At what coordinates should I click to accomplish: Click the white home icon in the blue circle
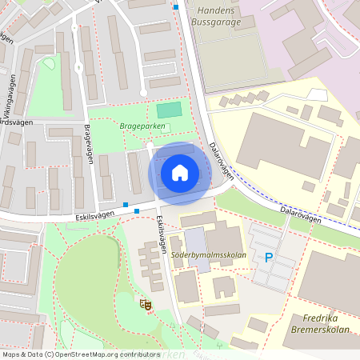pyautogui.click(x=180, y=172)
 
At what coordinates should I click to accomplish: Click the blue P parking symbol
pyautogui.click(x=268, y=258)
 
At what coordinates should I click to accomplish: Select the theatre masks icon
pyautogui.click(x=146, y=304)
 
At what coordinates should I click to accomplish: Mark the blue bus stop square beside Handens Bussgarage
pyautogui.click(x=176, y=7)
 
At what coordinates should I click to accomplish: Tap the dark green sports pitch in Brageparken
pyautogui.click(x=169, y=110)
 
